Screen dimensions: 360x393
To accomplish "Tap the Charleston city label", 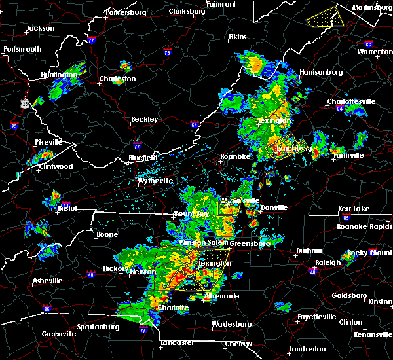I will tap(117, 79).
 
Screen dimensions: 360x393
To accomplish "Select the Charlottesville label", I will tap(351, 102).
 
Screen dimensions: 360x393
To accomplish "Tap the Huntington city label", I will tap(60, 75).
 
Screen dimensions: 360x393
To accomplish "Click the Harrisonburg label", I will tap(320, 71).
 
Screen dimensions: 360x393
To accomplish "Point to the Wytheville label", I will tap(155, 181).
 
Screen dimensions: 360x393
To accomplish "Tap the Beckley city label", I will tap(144, 120).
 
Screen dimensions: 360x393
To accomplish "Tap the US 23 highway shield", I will tap(25, 103).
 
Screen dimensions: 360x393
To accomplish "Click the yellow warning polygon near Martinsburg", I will tap(325, 16).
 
